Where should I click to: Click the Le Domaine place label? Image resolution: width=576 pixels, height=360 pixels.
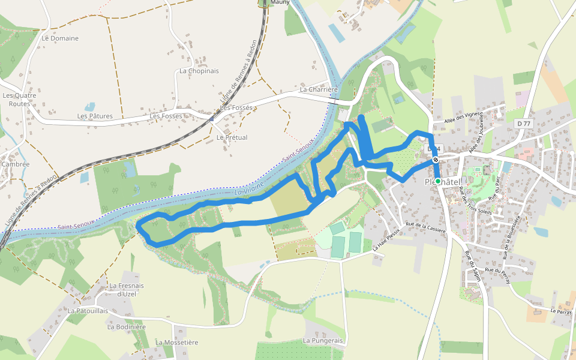coord(60,38)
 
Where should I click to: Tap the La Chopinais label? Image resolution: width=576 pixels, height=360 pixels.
coord(199,71)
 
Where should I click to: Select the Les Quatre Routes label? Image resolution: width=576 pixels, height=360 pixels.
coord(19,100)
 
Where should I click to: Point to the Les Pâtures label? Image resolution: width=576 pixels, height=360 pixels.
coord(95,116)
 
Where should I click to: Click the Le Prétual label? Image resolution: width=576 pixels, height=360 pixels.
coord(232,137)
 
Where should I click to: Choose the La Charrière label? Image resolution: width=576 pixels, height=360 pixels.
coord(319,89)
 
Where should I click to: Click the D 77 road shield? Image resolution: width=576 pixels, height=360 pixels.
coord(524,124)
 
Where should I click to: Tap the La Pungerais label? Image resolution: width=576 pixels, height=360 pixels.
coord(323,341)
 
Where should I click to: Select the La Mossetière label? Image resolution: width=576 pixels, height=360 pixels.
coord(176,342)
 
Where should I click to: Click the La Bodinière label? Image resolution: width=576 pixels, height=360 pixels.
coord(127,327)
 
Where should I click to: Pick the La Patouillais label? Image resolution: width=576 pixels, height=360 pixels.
coord(88,311)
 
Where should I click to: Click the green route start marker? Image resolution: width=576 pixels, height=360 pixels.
coord(438,181)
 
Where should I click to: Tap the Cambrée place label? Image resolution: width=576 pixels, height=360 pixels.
coord(16,164)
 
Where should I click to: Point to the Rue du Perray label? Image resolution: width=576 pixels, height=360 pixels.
coord(497,271)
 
